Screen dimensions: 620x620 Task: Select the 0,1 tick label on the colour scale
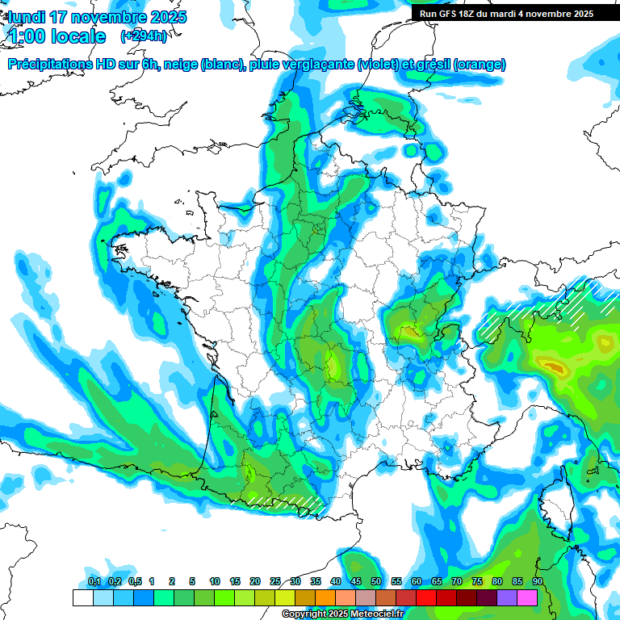(94, 582)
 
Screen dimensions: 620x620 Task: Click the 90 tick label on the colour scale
(538, 582)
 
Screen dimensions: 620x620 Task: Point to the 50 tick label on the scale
(376, 582)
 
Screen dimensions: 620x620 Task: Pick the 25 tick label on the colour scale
(275, 582)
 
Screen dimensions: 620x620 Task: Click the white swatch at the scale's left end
(82, 597)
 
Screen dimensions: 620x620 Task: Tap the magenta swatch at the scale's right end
(527, 597)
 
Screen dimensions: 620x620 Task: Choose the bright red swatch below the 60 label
(426, 597)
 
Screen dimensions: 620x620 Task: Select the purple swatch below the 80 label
(507, 597)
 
